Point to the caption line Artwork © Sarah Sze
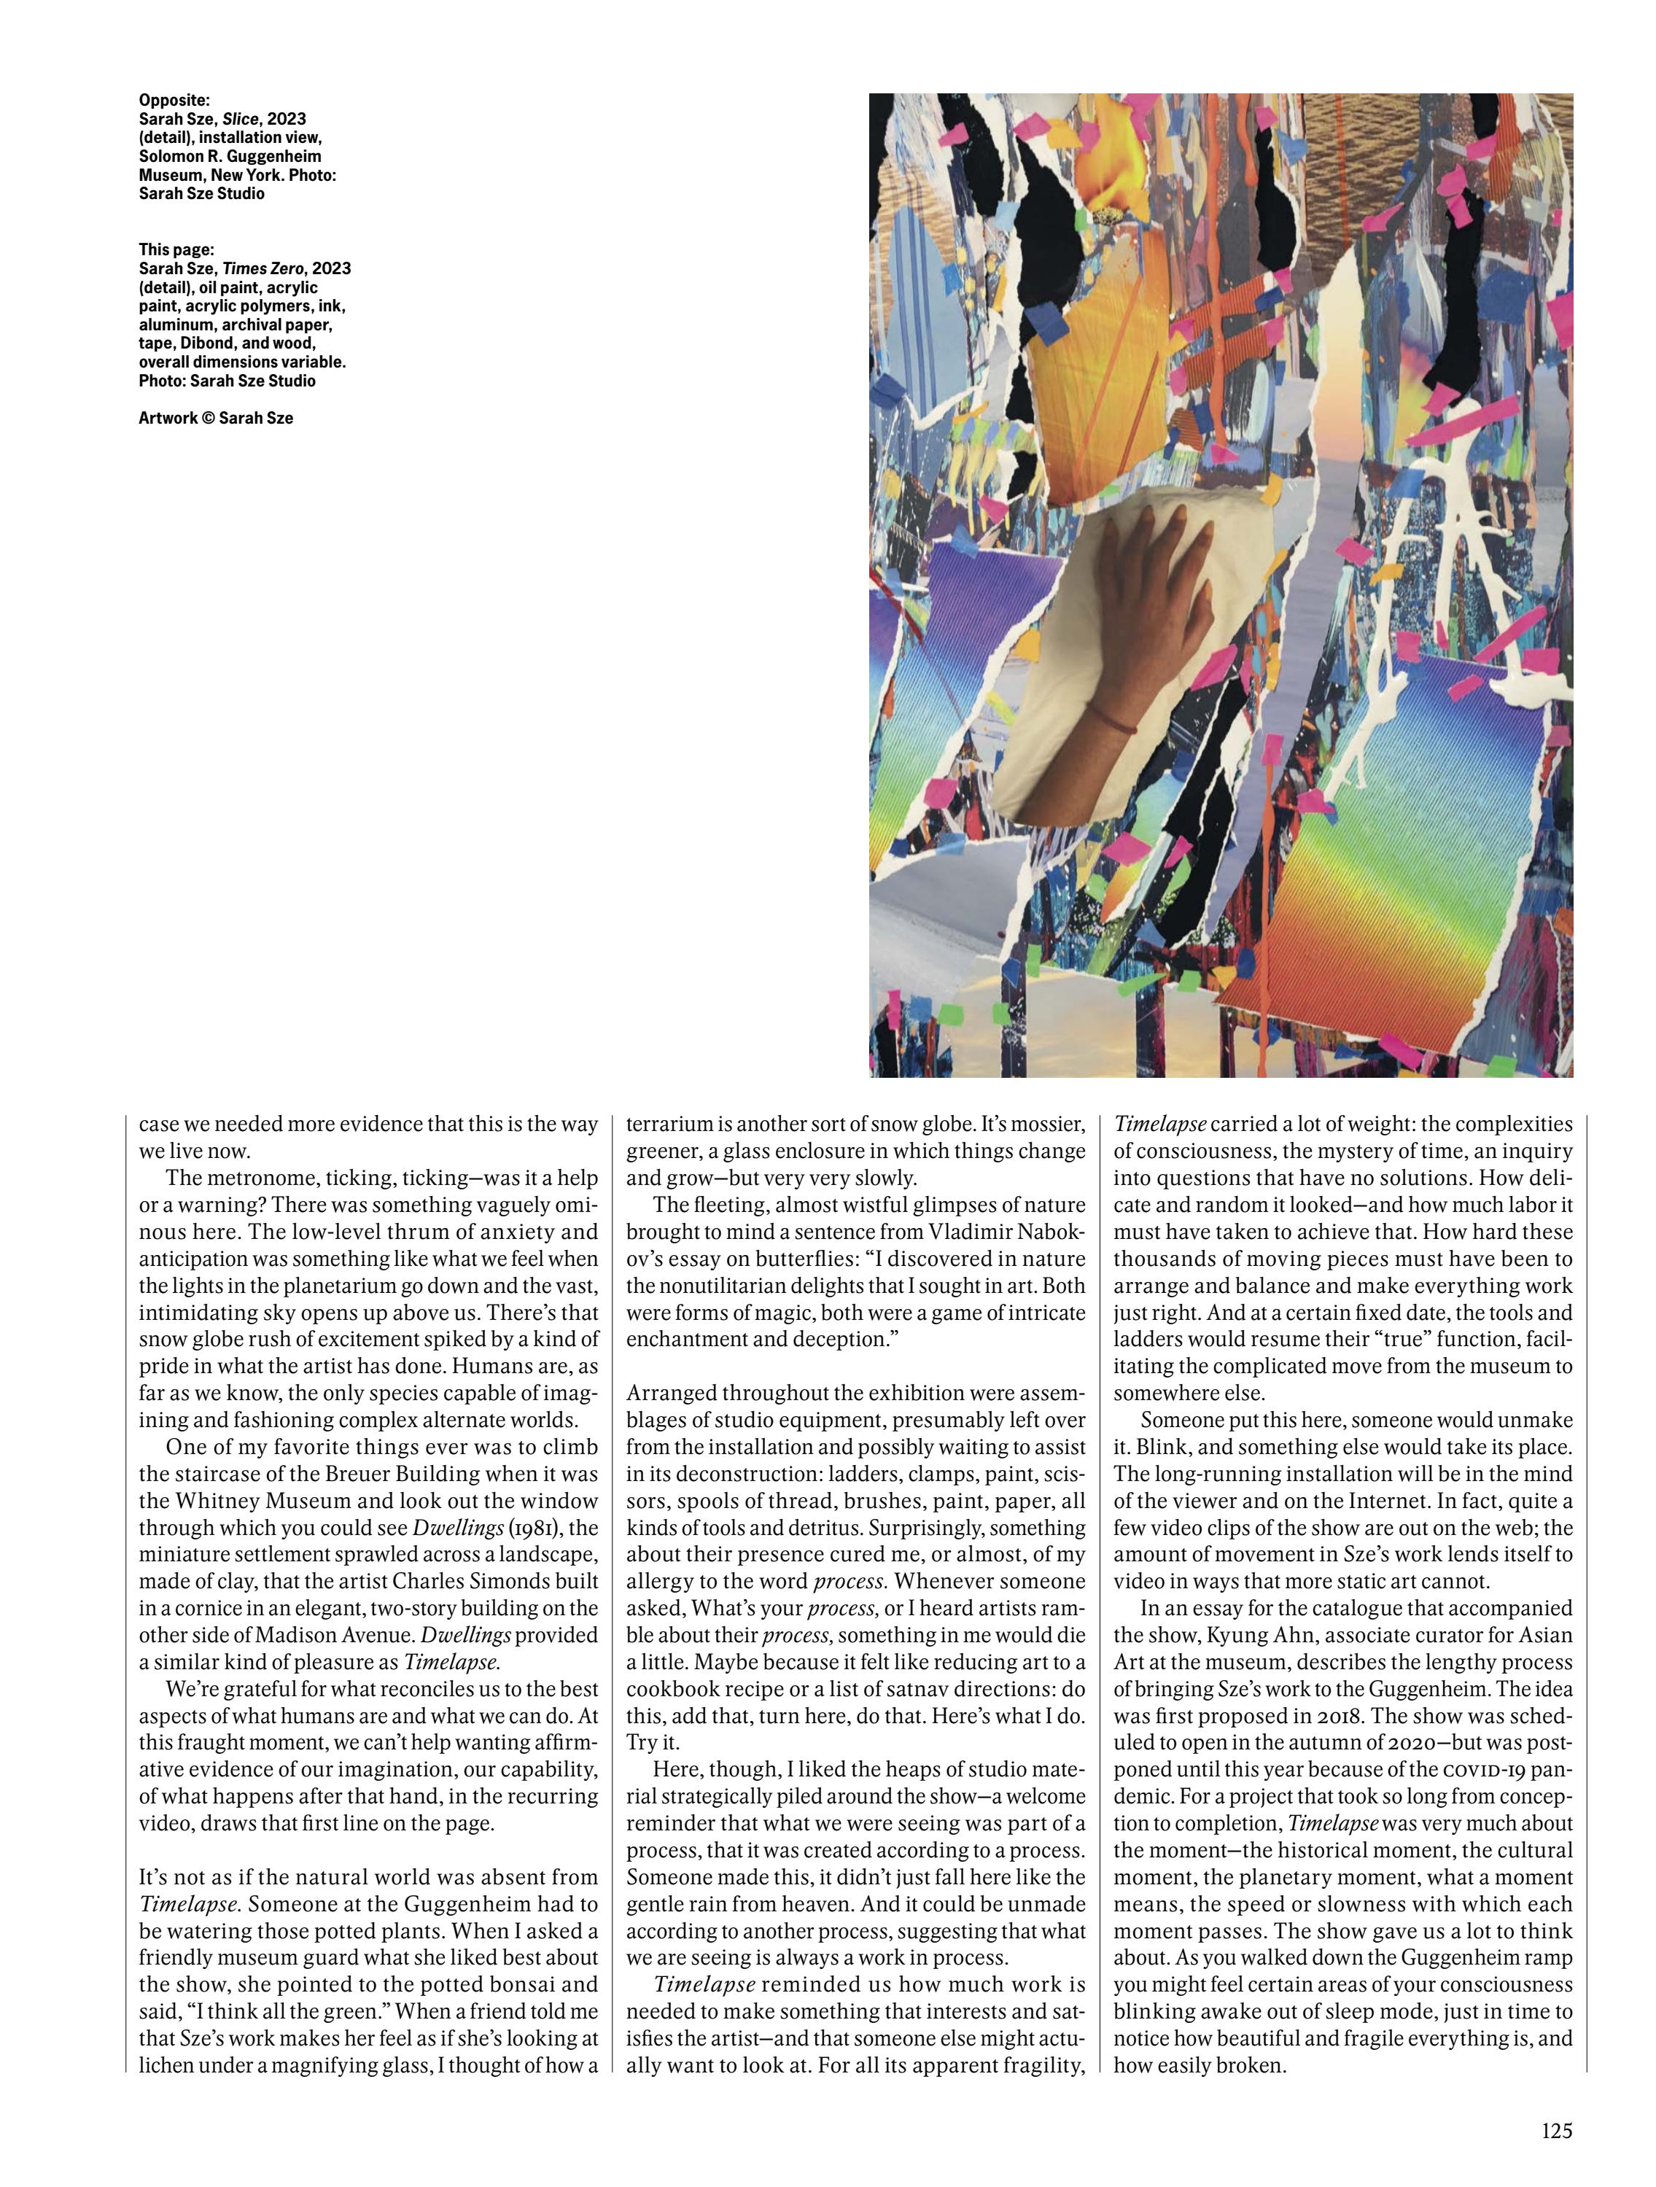[x=216, y=417]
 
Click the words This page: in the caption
[x=176, y=249]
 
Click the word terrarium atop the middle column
[x=669, y=1124]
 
